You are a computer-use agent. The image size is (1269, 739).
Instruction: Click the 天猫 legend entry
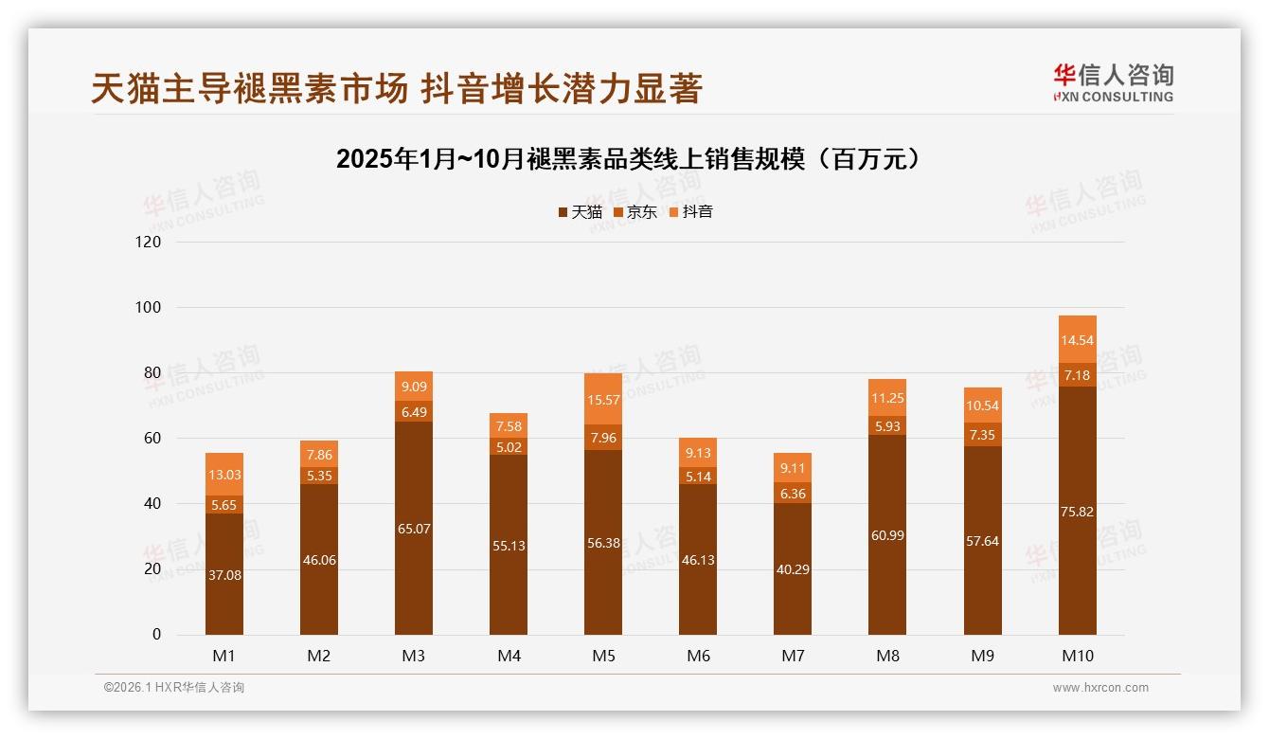(x=580, y=212)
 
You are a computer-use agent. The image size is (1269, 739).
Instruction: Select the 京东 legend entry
(x=635, y=212)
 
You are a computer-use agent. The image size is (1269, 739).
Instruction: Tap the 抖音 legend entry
(x=691, y=212)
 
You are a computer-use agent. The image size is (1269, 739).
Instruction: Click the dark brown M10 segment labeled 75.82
(x=1077, y=512)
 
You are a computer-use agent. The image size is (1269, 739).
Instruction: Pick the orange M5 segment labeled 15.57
(x=603, y=401)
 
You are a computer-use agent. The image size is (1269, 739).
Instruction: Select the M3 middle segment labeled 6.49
(x=414, y=412)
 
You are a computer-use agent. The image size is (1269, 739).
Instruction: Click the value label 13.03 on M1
(x=224, y=475)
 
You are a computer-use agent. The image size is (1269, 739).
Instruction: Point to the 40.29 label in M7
(x=793, y=569)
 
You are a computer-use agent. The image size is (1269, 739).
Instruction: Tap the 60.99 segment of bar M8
(x=887, y=535)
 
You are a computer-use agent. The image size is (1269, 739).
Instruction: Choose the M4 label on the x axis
(x=509, y=656)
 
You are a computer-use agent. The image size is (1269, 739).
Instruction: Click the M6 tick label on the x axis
(x=698, y=656)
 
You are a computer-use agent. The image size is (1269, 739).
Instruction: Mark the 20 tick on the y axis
(x=152, y=569)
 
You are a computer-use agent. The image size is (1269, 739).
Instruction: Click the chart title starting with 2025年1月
(x=628, y=158)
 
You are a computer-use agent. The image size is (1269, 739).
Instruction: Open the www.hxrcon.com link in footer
(x=1099, y=688)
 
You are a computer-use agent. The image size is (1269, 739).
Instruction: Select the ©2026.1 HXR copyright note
(x=173, y=688)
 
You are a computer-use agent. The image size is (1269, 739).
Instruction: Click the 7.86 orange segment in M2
(x=319, y=455)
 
